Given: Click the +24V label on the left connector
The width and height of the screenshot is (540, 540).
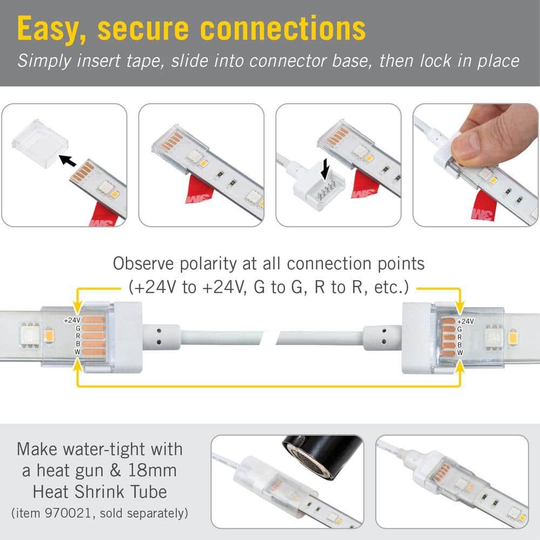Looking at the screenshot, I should [72, 320].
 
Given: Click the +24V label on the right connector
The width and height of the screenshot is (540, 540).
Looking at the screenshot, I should [465, 321].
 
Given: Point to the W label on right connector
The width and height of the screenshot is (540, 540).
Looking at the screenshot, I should [460, 352].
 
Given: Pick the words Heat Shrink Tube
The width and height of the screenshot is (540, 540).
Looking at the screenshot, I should [100, 491].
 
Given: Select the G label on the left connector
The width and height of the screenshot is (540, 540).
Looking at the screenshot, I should [79, 328].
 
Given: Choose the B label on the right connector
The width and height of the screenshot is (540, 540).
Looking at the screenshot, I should [460, 344].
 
